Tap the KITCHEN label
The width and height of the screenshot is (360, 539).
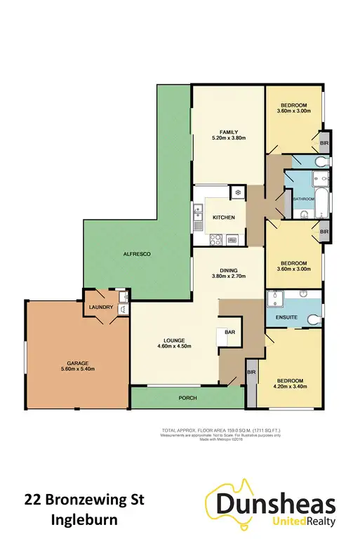click(x=224, y=218)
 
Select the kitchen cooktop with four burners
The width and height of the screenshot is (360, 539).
click(x=216, y=238)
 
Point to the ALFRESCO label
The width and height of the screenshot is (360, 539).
click(x=138, y=253)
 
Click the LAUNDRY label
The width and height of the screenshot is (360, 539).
click(x=101, y=306)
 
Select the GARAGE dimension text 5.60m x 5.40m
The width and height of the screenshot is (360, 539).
click(x=76, y=368)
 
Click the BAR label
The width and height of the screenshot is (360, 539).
click(x=229, y=332)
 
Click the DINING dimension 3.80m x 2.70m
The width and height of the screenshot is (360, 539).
click(x=228, y=277)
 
